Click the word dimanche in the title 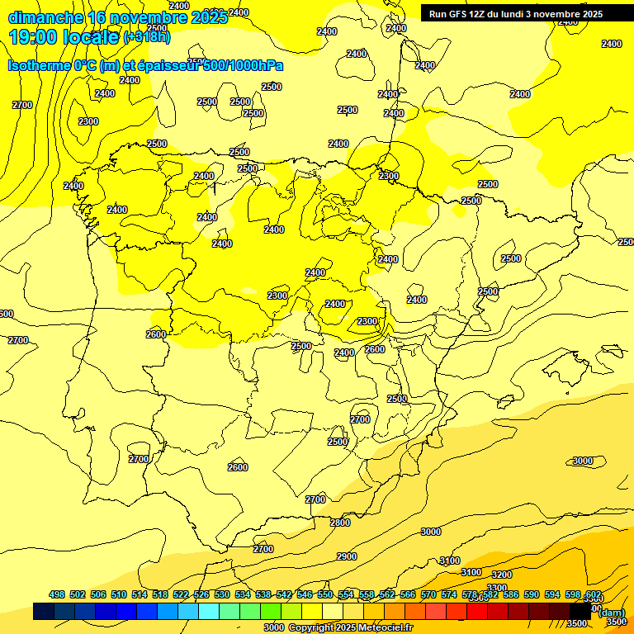pos(45,17)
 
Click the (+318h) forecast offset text pos(146,36)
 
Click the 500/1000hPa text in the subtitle pos(244,65)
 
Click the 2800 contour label pos(340,523)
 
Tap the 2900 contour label pos(347,556)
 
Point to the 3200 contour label pos(502,575)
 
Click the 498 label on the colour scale pos(57,594)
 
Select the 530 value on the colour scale pos(222,594)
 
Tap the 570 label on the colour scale pos(428,594)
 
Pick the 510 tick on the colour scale pos(119,594)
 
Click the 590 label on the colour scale pos(532,594)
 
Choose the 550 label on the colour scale pos(325,594)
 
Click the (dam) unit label pos(611,612)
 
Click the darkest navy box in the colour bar pos(44,611)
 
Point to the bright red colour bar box pos(477,611)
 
